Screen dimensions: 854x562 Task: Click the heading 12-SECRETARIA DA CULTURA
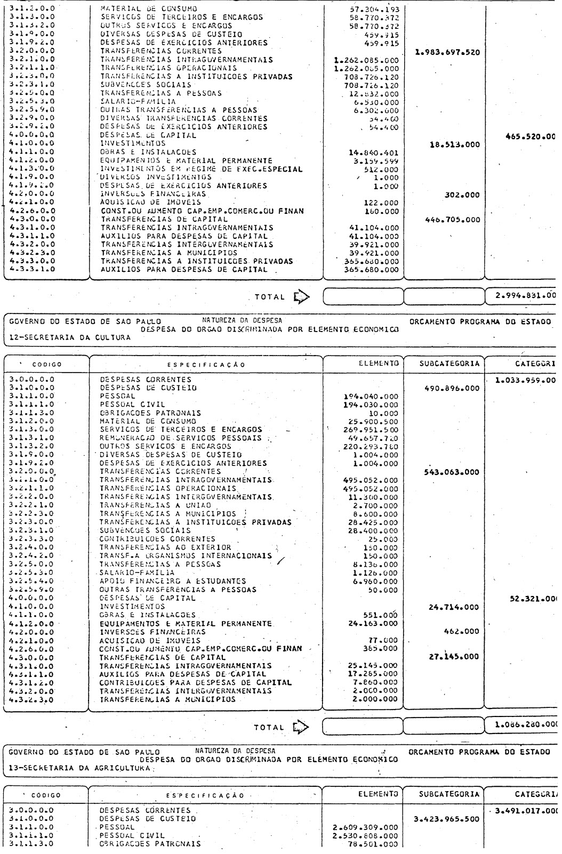click(x=70, y=337)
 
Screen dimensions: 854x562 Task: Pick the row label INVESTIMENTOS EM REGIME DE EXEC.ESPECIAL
click(x=202, y=170)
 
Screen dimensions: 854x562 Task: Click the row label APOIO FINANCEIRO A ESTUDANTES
click(x=173, y=581)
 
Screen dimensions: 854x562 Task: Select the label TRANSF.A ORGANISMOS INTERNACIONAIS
click(x=186, y=555)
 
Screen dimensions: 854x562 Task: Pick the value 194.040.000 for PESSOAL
click(x=372, y=397)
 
